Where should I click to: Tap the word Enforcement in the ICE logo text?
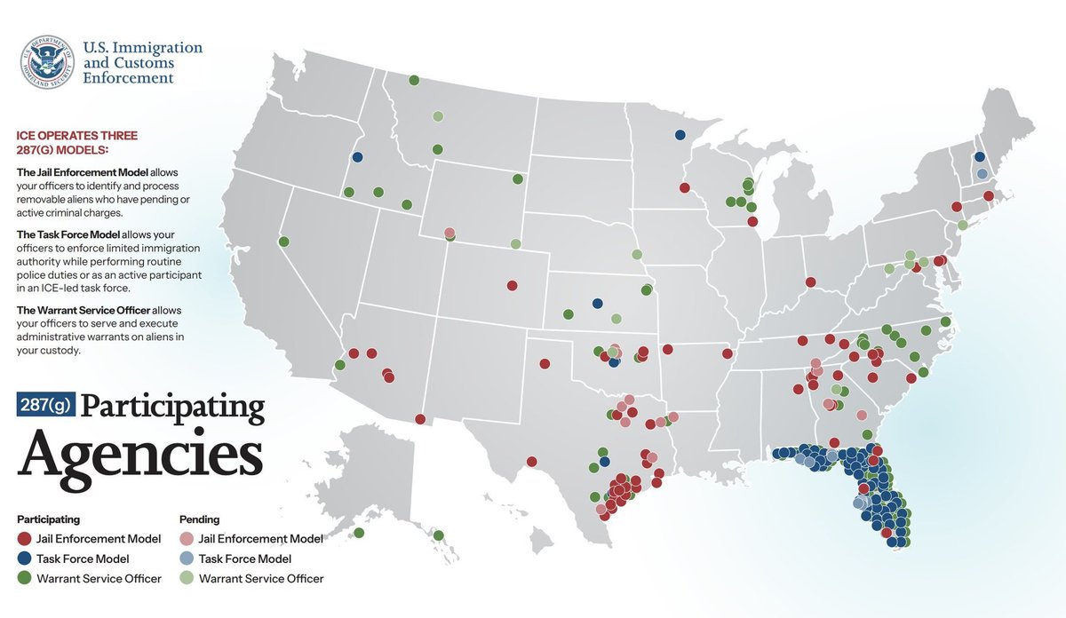pos(128,78)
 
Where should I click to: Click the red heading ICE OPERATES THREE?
pos(77,136)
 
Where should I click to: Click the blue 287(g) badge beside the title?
pos(45,405)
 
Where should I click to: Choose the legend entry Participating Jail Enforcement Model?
pos(89,538)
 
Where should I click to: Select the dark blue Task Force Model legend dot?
pos(24,559)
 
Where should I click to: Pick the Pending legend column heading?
pos(199,519)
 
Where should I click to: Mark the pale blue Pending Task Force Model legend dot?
pos(187,559)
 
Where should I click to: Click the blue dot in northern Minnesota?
pos(680,135)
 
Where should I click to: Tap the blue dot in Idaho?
pos(357,157)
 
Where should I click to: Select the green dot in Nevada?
pos(283,242)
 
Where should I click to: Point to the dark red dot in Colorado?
pos(512,286)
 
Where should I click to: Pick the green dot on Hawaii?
pos(439,535)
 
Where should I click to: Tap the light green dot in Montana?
pos(437,116)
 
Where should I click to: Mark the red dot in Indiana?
pos(811,282)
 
